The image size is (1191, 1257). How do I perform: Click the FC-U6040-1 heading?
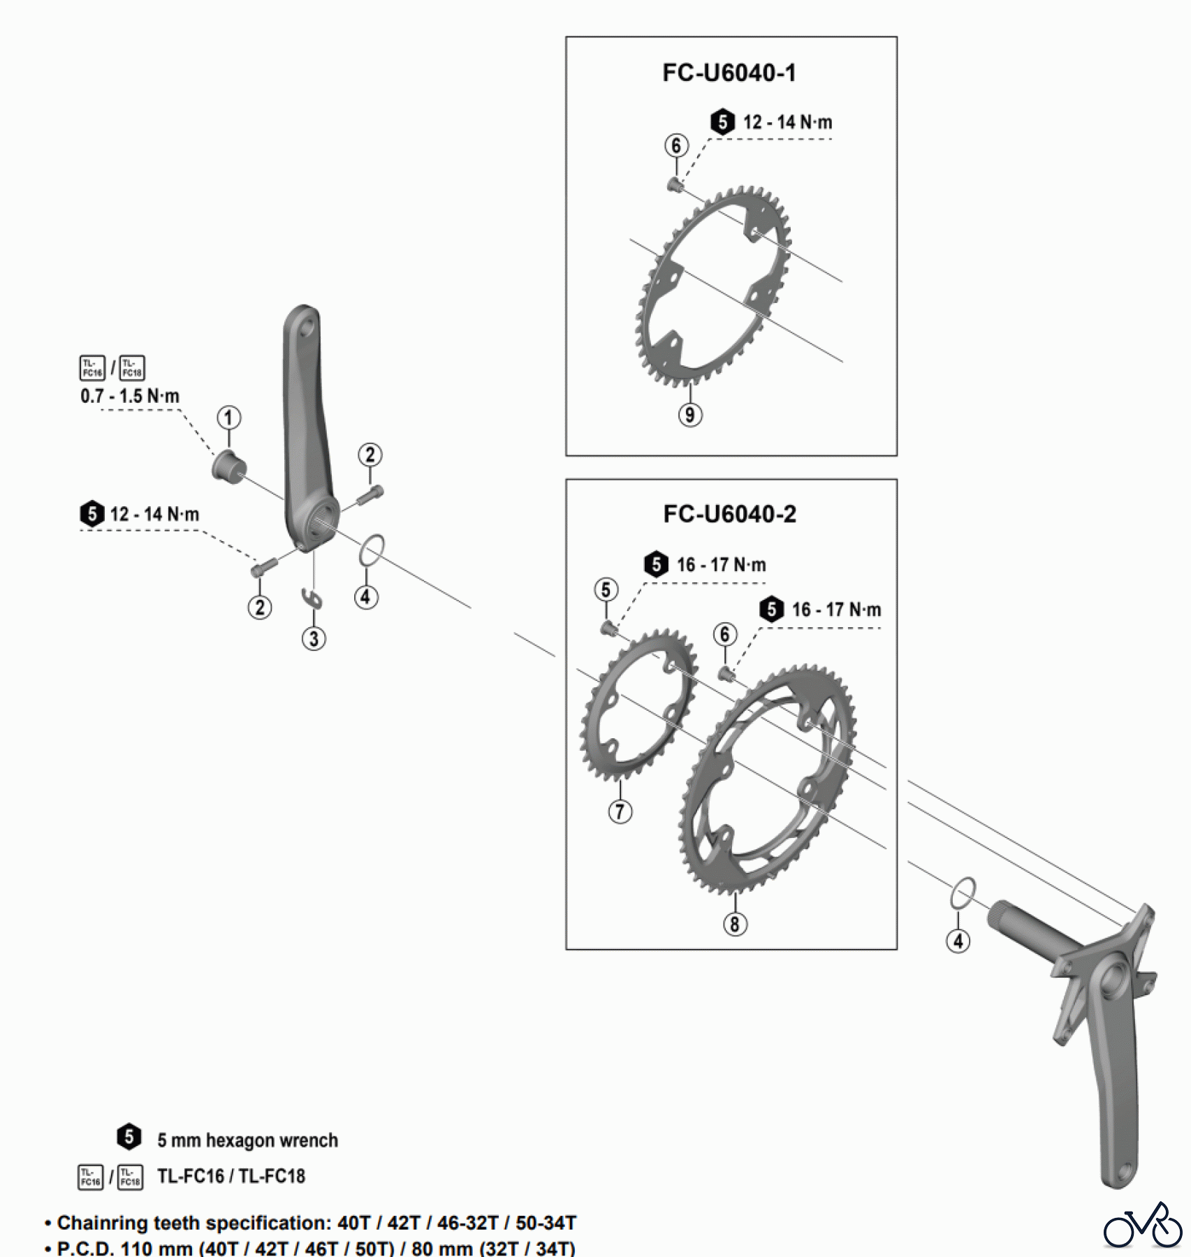click(x=729, y=73)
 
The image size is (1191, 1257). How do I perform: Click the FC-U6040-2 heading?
click(x=729, y=514)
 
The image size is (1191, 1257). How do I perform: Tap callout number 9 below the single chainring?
click(x=689, y=415)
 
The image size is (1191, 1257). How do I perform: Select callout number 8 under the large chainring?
click(x=734, y=924)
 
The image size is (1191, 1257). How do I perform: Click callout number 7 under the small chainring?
click(x=620, y=811)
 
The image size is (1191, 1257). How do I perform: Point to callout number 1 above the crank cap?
click(x=228, y=418)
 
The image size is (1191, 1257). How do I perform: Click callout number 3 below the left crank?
click(x=314, y=638)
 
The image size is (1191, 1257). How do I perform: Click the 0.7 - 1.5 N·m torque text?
click(x=130, y=396)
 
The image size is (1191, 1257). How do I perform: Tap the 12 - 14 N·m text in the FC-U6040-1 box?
click(x=787, y=122)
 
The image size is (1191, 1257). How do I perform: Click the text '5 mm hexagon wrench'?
click(x=247, y=1140)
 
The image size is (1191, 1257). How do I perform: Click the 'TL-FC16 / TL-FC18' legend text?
click(x=231, y=1177)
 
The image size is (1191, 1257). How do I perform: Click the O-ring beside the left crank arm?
click(x=372, y=550)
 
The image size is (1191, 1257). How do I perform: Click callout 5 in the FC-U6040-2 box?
click(x=606, y=589)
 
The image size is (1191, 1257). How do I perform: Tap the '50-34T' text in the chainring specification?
click(x=546, y=1223)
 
